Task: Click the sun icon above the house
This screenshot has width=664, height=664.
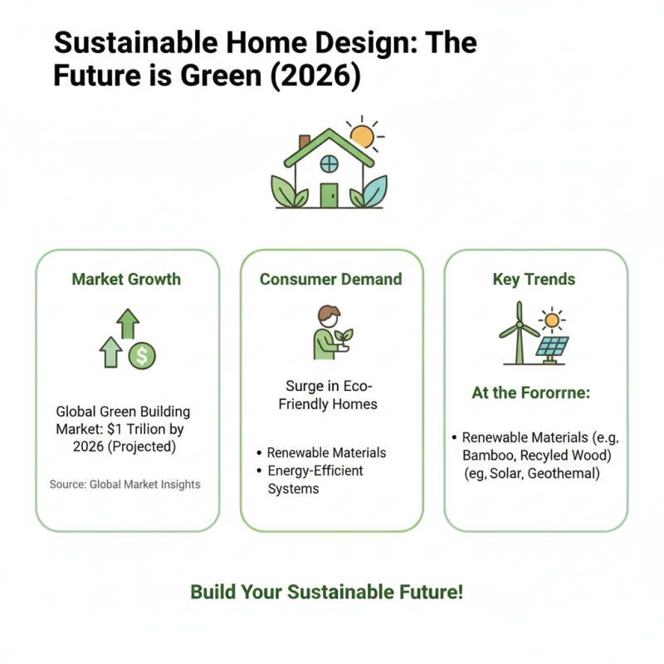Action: click(x=362, y=136)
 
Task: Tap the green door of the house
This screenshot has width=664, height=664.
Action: click(x=330, y=195)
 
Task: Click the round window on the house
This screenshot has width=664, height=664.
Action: click(x=330, y=164)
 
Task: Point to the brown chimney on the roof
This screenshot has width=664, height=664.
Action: click(x=305, y=142)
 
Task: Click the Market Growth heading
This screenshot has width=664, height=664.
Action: click(x=127, y=279)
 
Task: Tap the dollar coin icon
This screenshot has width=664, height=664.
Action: click(x=142, y=356)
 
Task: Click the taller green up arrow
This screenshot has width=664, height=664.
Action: click(x=127, y=323)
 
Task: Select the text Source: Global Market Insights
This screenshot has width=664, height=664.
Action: click(x=124, y=484)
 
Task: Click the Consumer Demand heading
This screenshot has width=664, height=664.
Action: click(x=331, y=279)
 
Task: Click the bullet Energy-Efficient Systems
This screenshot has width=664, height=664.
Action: click(x=315, y=480)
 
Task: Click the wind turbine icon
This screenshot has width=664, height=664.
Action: click(x=518, y=332)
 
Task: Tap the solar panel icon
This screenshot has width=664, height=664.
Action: click(x=552, y=347)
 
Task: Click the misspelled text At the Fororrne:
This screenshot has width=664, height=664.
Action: click(x=530, y=393)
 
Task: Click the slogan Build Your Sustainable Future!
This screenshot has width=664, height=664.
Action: click(x=326, y=592)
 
